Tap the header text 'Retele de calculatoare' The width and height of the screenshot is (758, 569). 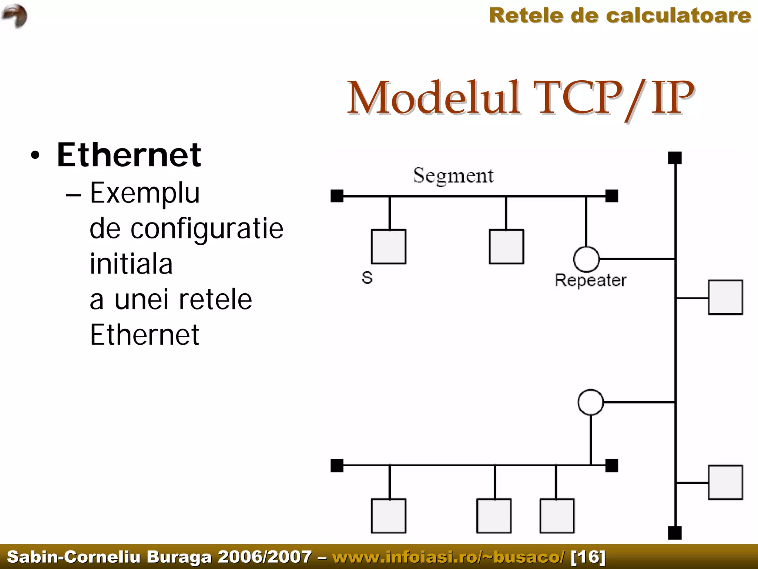coord(620,16)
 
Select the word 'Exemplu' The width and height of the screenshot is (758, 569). coord(145,193)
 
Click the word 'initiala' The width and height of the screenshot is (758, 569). coord(131,264)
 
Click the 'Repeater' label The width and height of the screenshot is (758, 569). coord(590,280)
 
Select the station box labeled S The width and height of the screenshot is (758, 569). coord(389,247)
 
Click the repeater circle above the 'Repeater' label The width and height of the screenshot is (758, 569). coord(586,259)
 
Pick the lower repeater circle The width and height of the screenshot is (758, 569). coord(591,402)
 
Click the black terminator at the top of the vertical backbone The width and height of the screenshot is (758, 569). coord(675,158)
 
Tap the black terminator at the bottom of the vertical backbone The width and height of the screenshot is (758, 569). coord(675,533)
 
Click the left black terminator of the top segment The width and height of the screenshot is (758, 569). coord(337,196)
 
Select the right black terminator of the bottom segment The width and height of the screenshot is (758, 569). coord(612,465)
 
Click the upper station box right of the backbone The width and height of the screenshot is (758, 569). coord(725,297)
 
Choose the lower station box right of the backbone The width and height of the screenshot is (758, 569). coord(725,482)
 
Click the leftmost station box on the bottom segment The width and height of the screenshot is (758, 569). coord(389,516)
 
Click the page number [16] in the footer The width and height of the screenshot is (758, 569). coord(588,557)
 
